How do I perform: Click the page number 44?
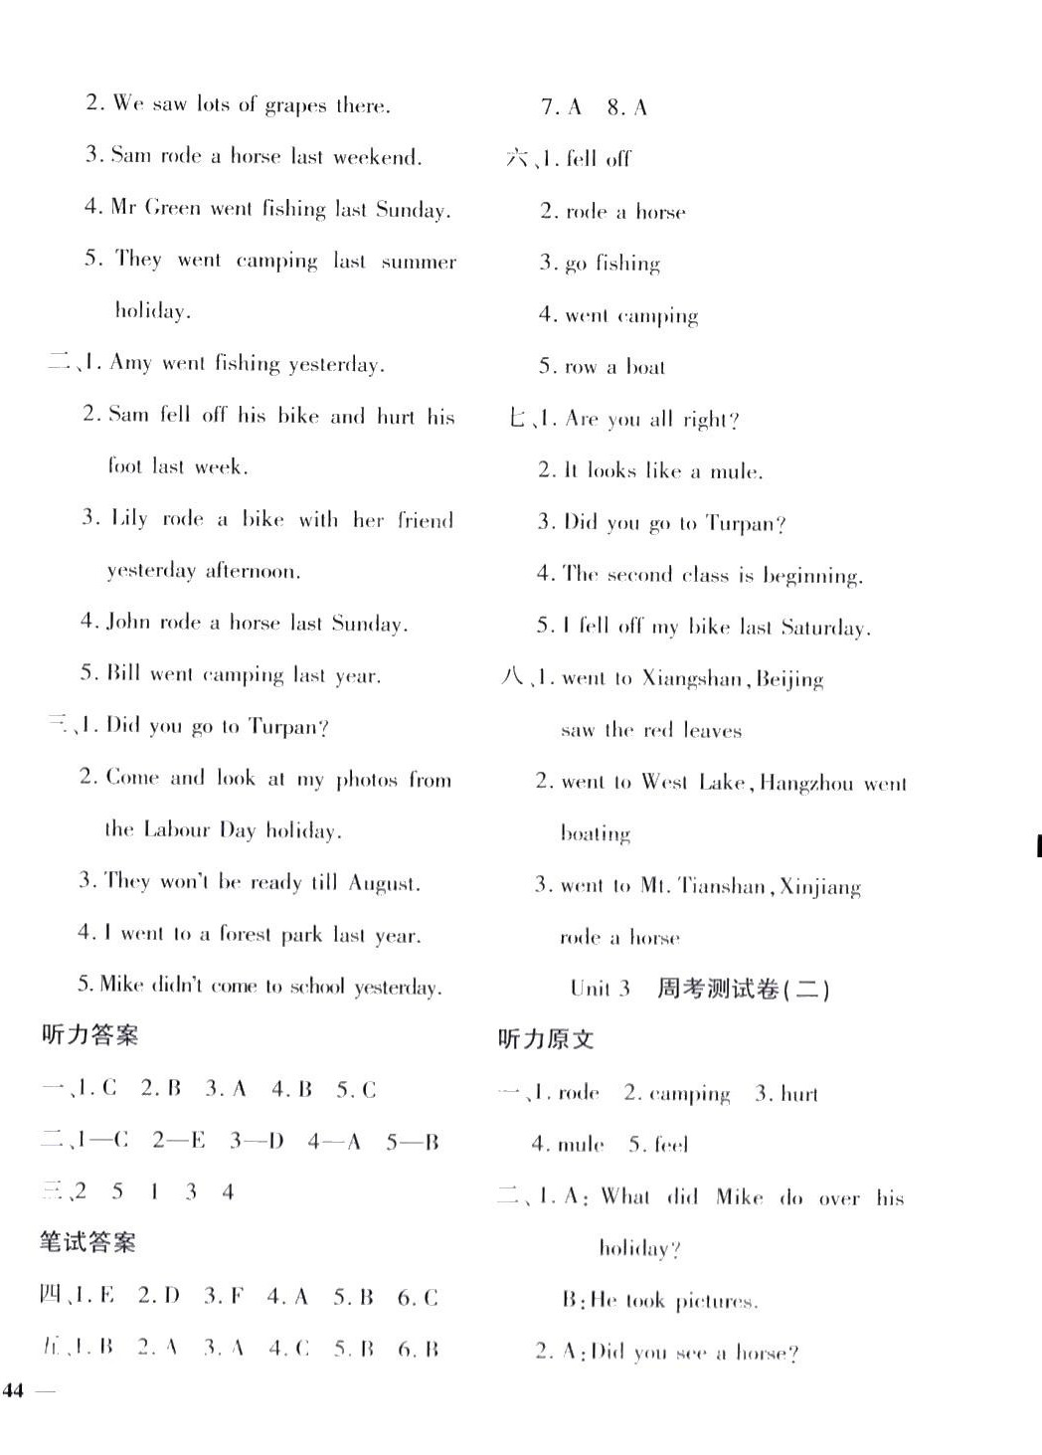tap(14, 1390)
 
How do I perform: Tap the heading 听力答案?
tap(89, 1035)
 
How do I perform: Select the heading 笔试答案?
tap(87, 1242)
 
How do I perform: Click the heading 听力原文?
tap(546, 1039)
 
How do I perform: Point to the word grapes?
tap(295, 105)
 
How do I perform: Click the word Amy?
tap(129, 363)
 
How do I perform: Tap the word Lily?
tap(129, 519)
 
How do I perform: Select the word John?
tap(127, 623)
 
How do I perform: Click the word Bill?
tap(122, 674)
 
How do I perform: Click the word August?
tap(383, 883)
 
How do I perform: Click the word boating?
tap(596, 833)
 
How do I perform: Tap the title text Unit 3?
tap(600, 989)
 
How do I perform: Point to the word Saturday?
tap(824, 628)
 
